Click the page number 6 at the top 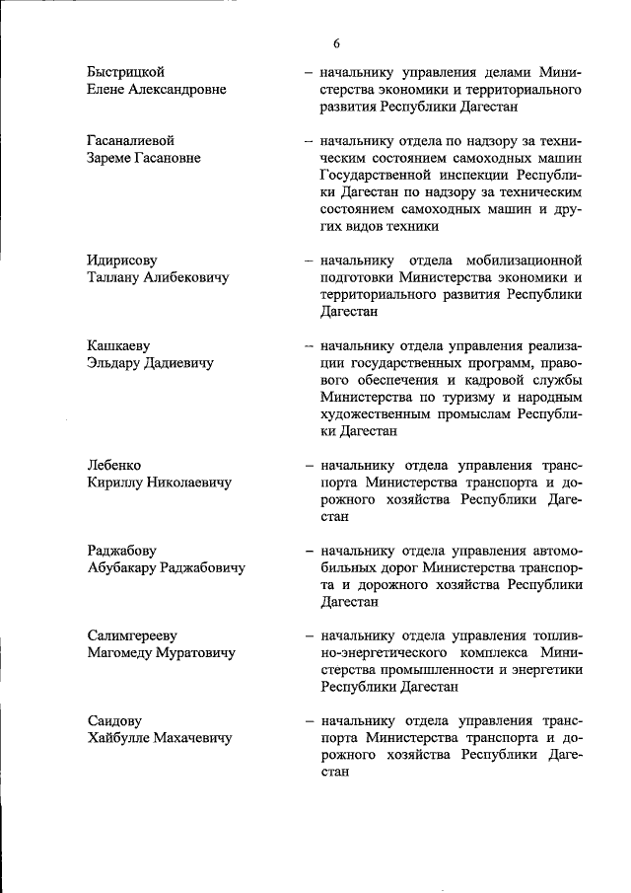[x=336, y=43]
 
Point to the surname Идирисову [x=122, y=260]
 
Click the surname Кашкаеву [x=119, y=345]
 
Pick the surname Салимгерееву [x=134, y=635]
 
